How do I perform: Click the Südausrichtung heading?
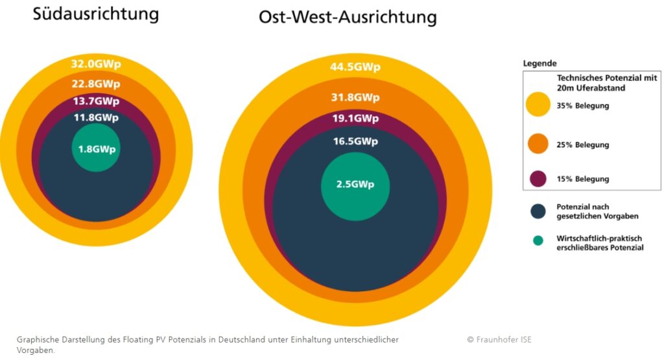(x=96, y=14)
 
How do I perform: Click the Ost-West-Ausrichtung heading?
(x=348, y=18)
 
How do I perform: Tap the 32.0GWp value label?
(x=96, y=64)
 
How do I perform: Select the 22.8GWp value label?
(x=96, y=84)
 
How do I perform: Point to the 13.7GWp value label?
(x=96, y=101)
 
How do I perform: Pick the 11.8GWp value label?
(x=96, y=117)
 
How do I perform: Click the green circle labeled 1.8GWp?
(x=96, y=147)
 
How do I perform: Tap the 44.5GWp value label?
(x=355, y=67)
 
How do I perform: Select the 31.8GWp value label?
(x=355, y=97)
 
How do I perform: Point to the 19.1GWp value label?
(x=355, y=118)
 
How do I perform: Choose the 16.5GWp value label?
(x=355, y=141)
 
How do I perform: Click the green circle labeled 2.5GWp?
(x=355, y=186)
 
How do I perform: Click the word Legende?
(x=540, y=64)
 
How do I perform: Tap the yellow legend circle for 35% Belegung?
(x=538, y=104)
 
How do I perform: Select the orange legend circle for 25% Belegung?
(x=538, y=143)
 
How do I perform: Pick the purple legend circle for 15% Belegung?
(x=538, y=179)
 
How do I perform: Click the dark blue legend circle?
(x=538, y=211)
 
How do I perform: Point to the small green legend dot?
(x=538, y=241)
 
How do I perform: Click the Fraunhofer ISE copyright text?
(x=499, y=340)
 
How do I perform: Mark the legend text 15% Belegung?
(x=583, y=179)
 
